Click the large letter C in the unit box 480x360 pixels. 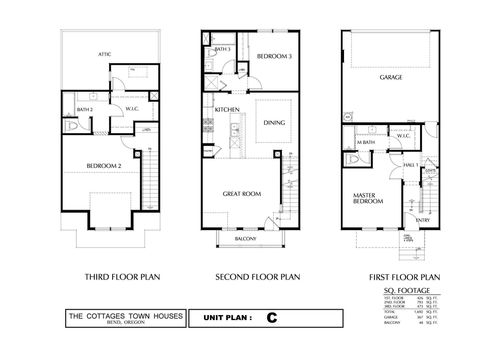[270, 317]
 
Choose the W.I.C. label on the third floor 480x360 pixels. [130, 109]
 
